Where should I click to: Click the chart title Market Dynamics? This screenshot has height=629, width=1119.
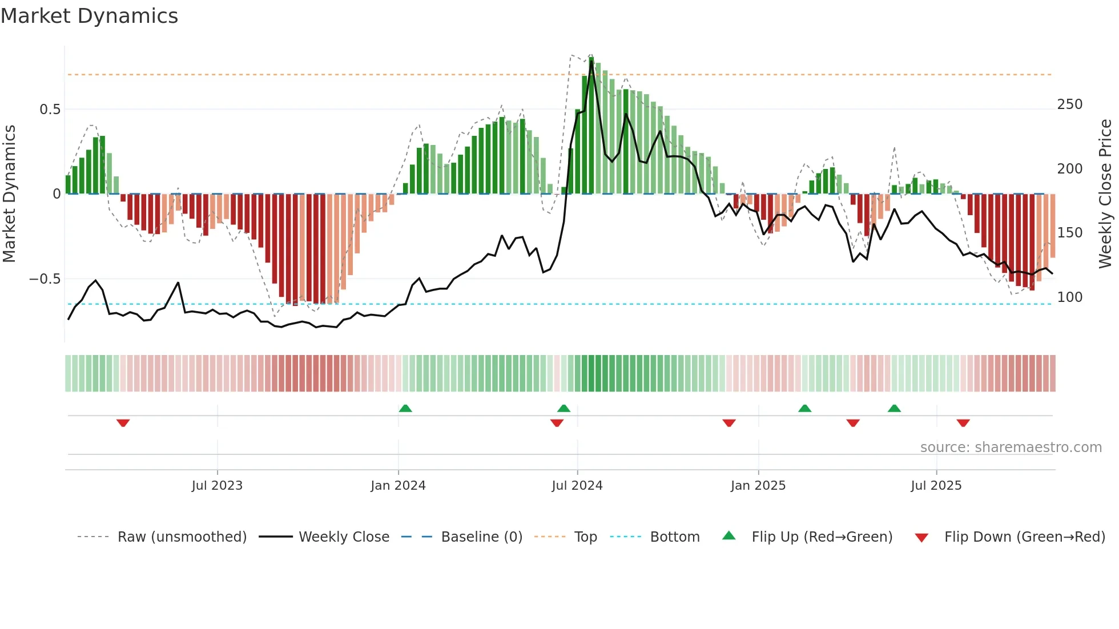pos(89,16)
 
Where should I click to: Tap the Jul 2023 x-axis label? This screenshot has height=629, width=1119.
pos(217,486)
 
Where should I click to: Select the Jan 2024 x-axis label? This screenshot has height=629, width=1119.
pos(398,486)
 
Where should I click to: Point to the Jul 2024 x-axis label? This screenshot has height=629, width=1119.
pos(577,486)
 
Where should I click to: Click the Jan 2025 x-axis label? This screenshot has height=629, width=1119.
pos(758,486)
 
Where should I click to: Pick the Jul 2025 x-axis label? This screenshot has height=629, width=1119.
pos(936,486)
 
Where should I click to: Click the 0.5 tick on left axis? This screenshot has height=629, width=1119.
pos(50,110)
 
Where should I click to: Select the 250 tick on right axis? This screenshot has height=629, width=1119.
pos(1070,104)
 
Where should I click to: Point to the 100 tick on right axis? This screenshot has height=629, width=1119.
pos(1070,297)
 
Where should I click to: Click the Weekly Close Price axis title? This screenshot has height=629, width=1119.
pos(1106,194)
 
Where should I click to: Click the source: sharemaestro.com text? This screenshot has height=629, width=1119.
pos(1011,447)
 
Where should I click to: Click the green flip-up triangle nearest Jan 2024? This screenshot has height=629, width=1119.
pos(405,409)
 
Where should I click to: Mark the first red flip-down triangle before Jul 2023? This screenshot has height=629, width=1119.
pos(123,423)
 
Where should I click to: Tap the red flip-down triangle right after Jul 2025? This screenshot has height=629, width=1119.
pos(963,423)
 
